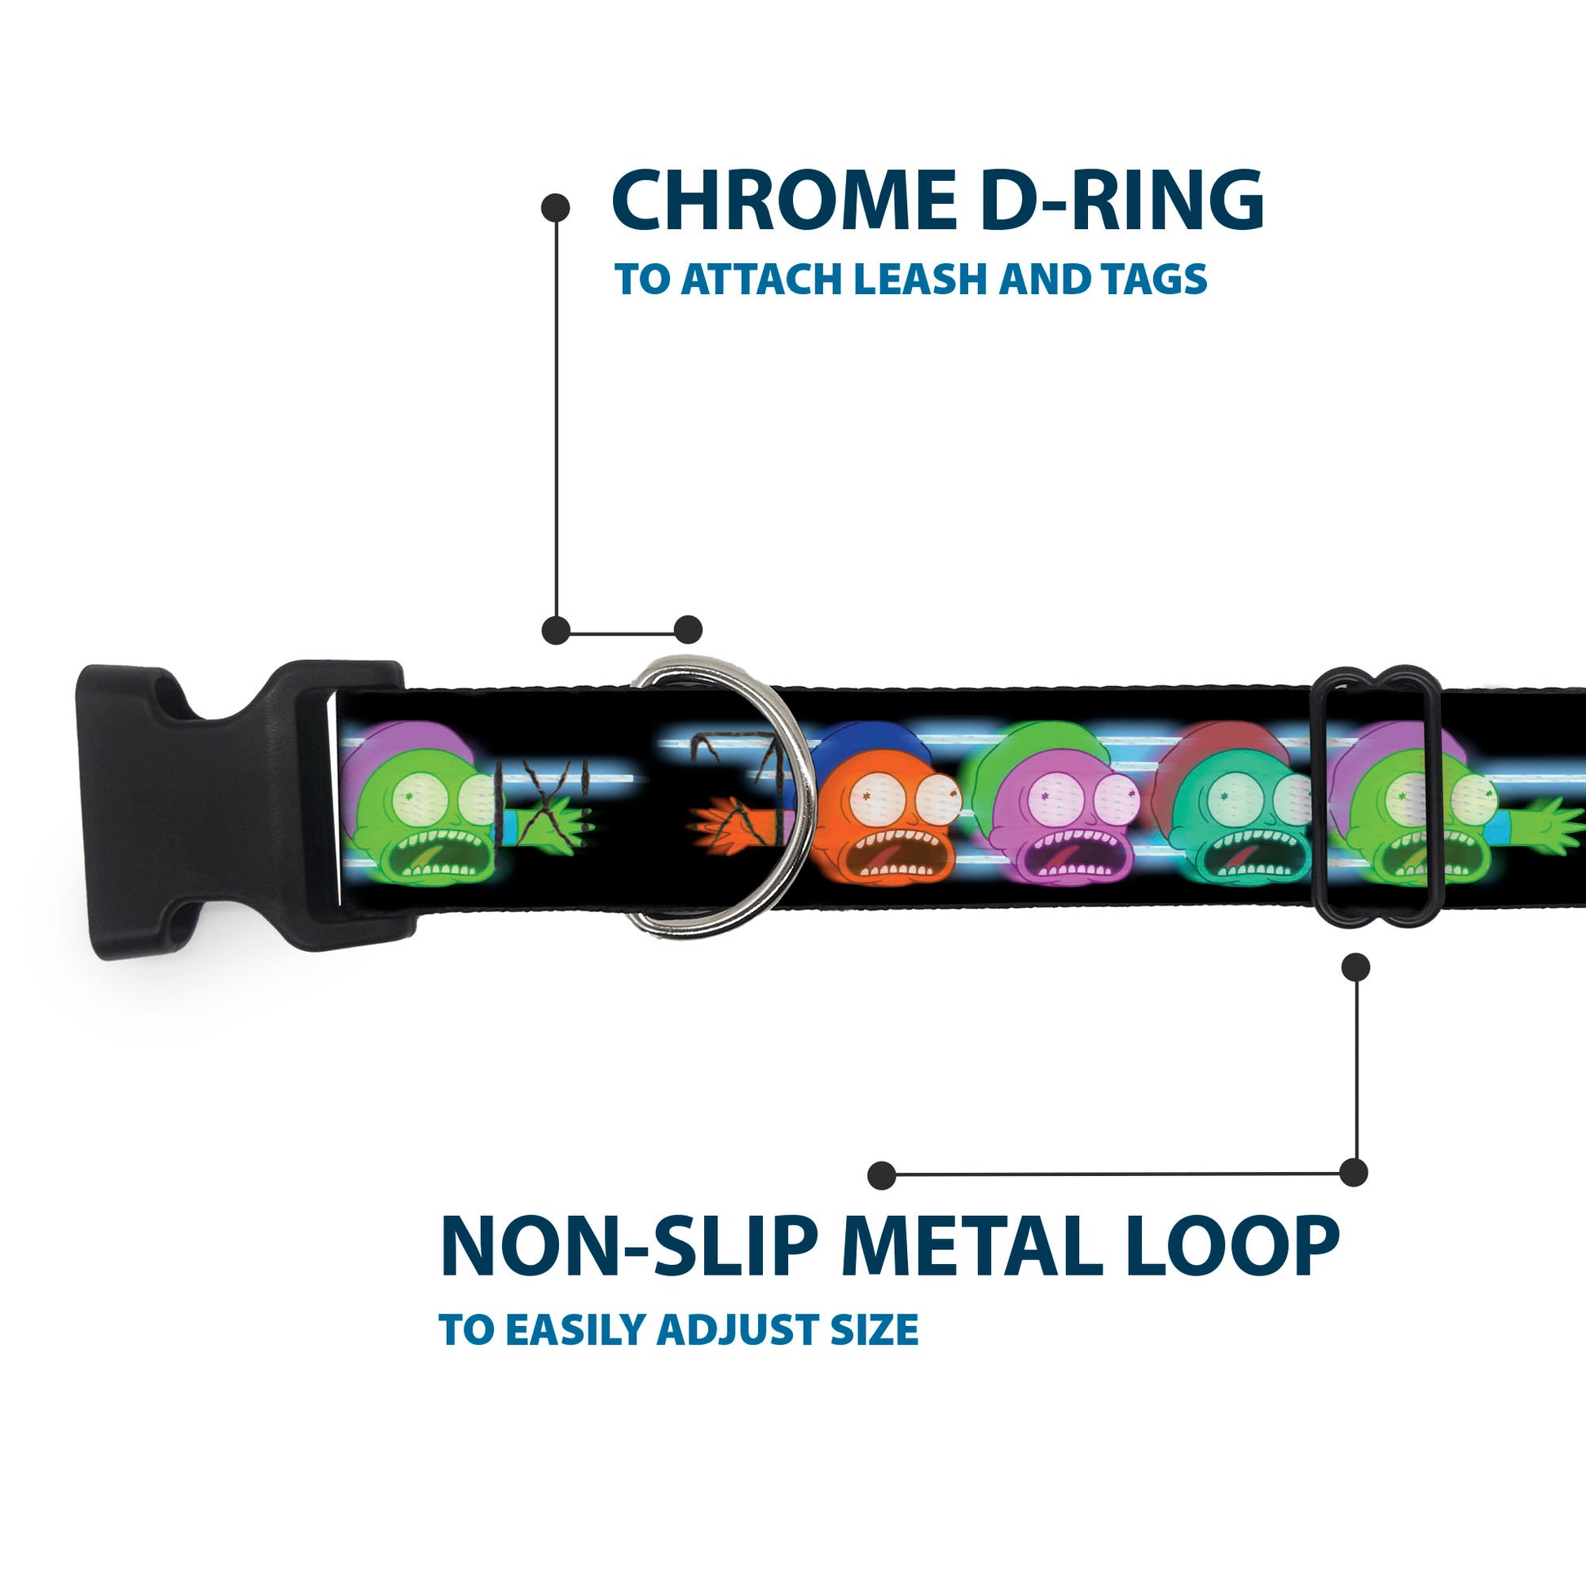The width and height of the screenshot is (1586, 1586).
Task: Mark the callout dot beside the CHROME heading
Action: click(556, 208)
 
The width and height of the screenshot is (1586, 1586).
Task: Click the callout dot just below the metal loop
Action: click(1355, 967)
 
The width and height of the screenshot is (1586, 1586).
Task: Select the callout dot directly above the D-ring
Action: click(688, 630)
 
